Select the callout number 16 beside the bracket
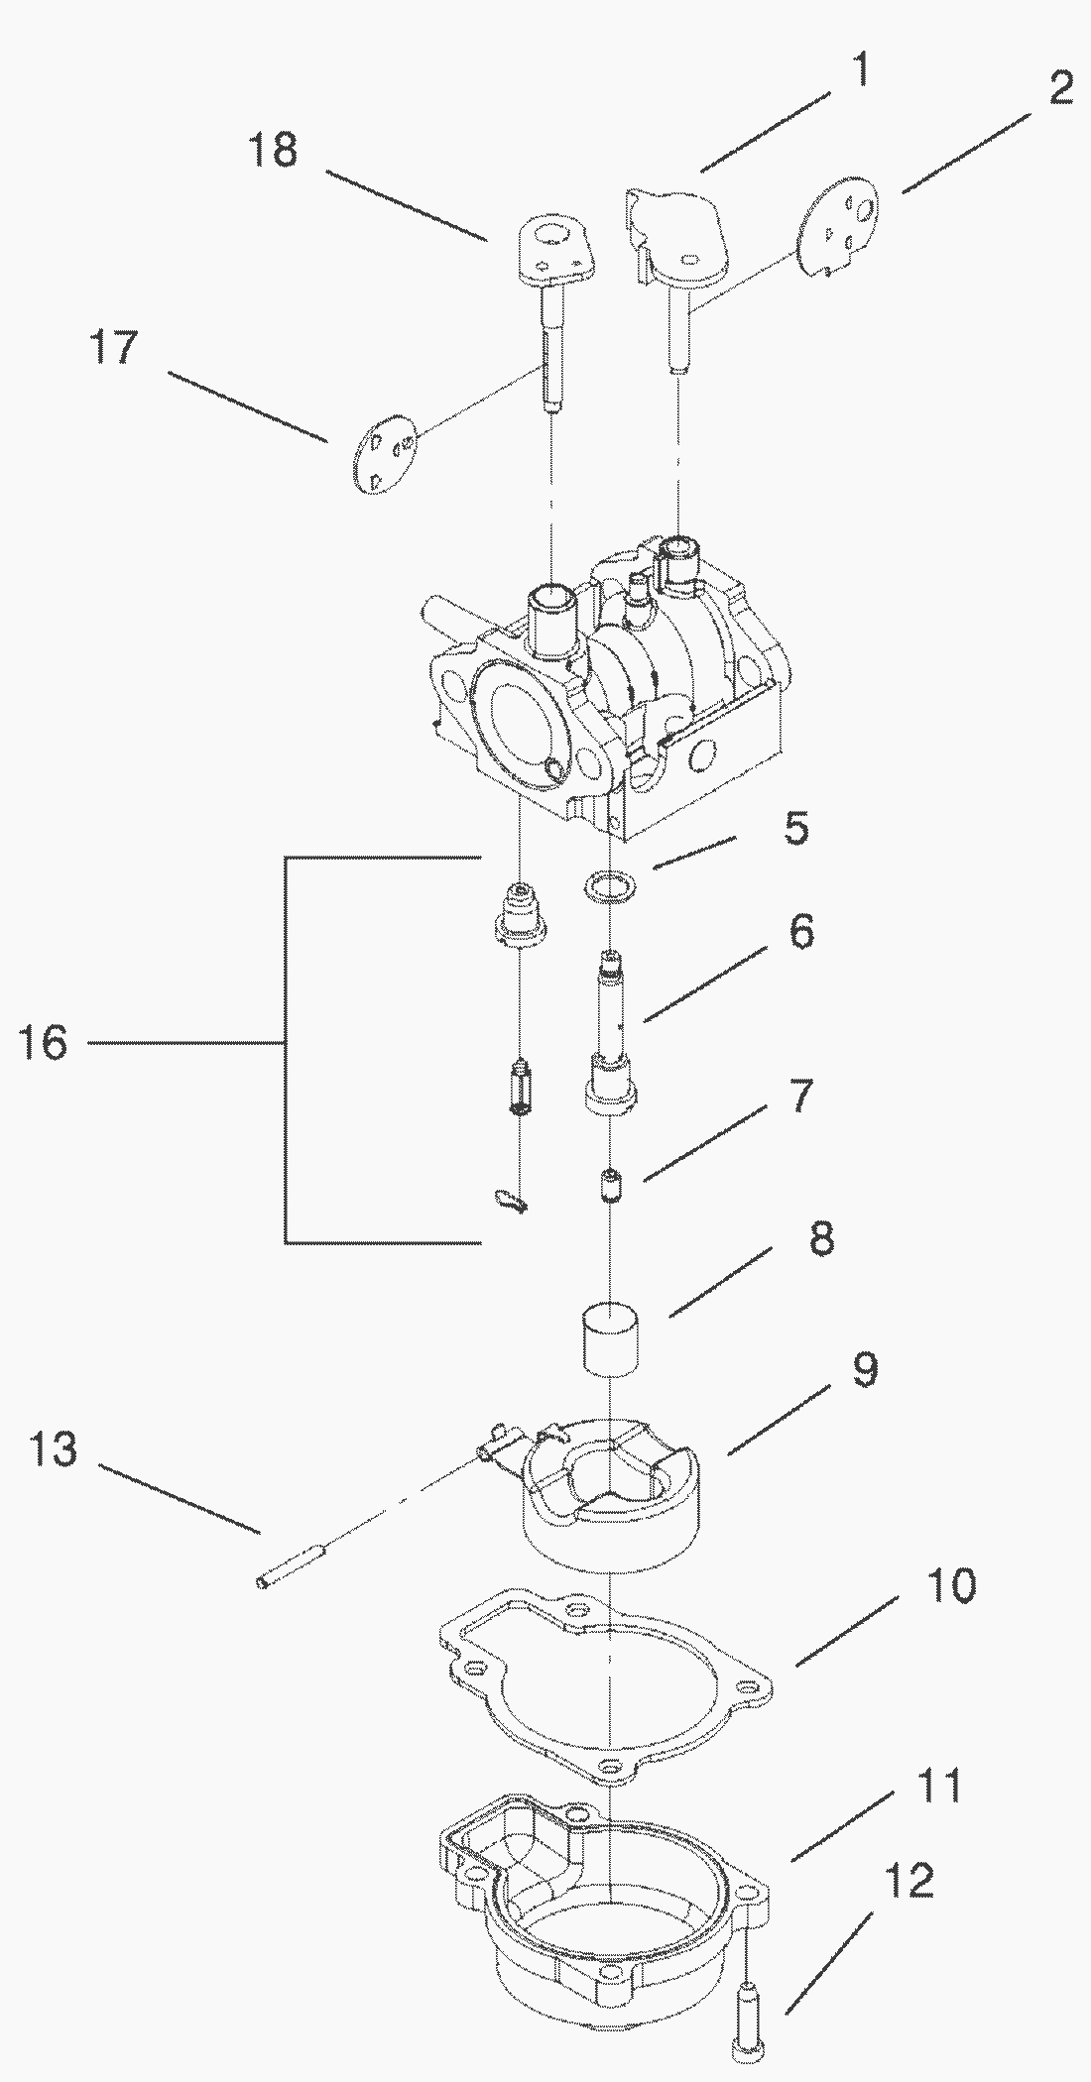[x=43, y=1043]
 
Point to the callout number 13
[x=54, y=1448]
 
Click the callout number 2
[x=1058, y=90]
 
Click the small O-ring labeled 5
[x=606, y=884]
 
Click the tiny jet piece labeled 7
[x=610, y=1185]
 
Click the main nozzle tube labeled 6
[x=610, y=1031]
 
